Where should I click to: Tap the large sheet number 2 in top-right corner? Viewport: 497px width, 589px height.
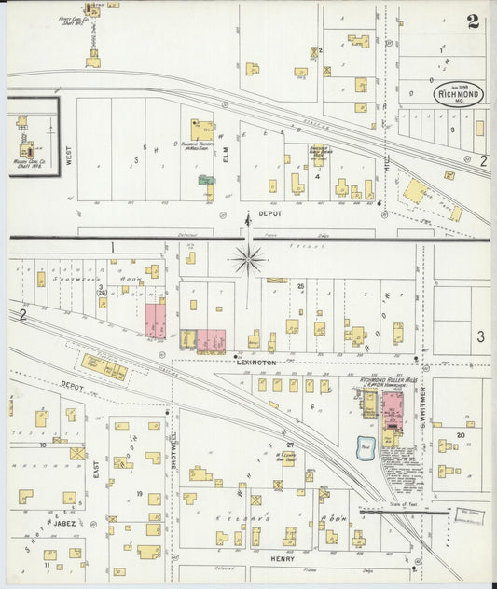473,21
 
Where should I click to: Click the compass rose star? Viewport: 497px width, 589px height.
248,259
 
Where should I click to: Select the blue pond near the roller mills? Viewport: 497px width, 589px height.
365,448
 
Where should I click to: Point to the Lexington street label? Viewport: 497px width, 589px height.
262,362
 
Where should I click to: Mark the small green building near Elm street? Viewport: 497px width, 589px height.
205,179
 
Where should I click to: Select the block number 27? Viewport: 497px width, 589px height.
290,445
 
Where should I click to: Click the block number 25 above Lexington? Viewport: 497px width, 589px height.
301,286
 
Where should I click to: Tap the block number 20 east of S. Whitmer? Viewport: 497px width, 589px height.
461,435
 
